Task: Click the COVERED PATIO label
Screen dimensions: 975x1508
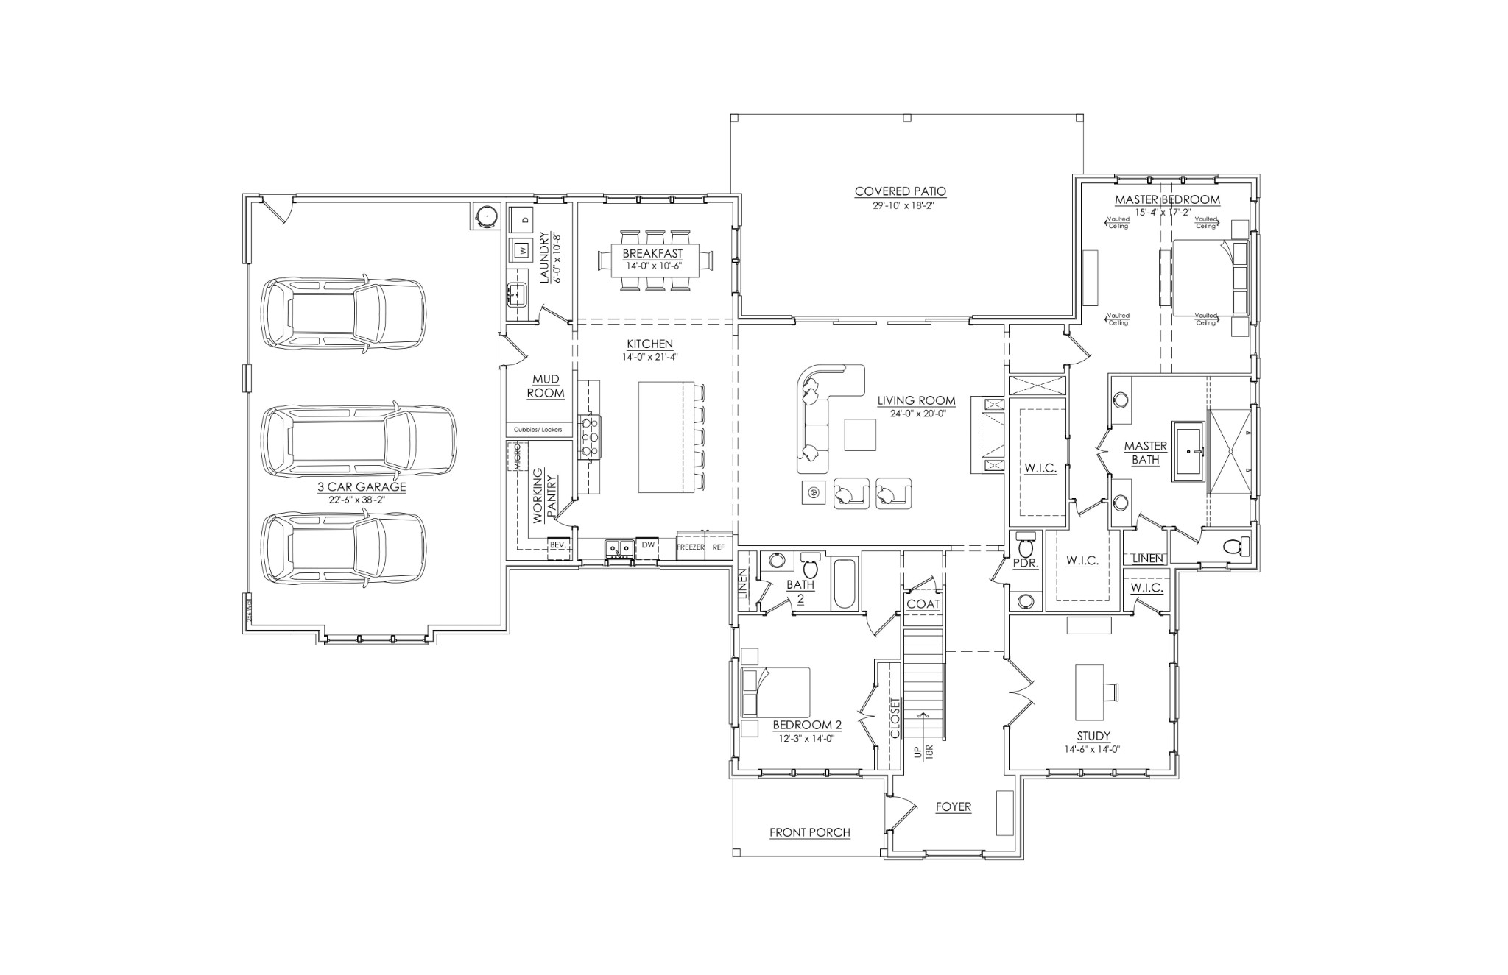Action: pos(900,191)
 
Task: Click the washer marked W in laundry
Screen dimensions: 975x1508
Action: pos(521,250)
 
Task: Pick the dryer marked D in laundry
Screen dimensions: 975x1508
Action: pos(524,219)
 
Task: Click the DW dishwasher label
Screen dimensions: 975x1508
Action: pos(648,545)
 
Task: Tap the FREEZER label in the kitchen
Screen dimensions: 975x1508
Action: pos(690,547)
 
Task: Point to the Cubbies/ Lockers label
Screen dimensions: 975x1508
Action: pos(538,430)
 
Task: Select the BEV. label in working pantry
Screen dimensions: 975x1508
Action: pos(557,545)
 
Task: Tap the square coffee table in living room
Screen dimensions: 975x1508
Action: pos(860,434)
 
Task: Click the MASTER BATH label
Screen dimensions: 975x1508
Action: pos(1145,453)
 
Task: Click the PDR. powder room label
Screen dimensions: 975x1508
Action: pos(1025,563)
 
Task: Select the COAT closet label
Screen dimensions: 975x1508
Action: pos(923,604)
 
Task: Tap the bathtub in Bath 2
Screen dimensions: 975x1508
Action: pos(845,584)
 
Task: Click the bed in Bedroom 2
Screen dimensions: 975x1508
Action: pos(776,692)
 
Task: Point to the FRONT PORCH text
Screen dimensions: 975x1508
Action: pos(809,832)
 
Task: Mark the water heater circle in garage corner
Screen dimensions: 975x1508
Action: pos(485,216)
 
